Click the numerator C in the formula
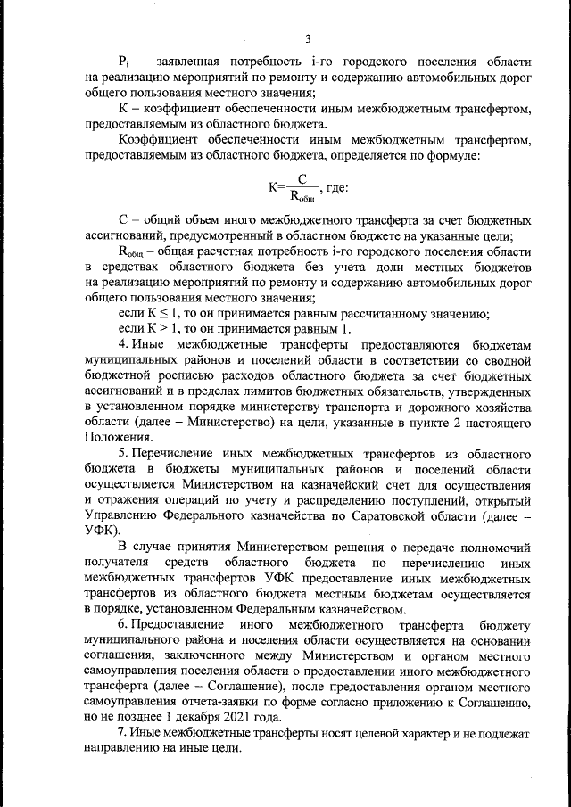(303, 179)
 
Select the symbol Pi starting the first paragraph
(125, 61)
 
